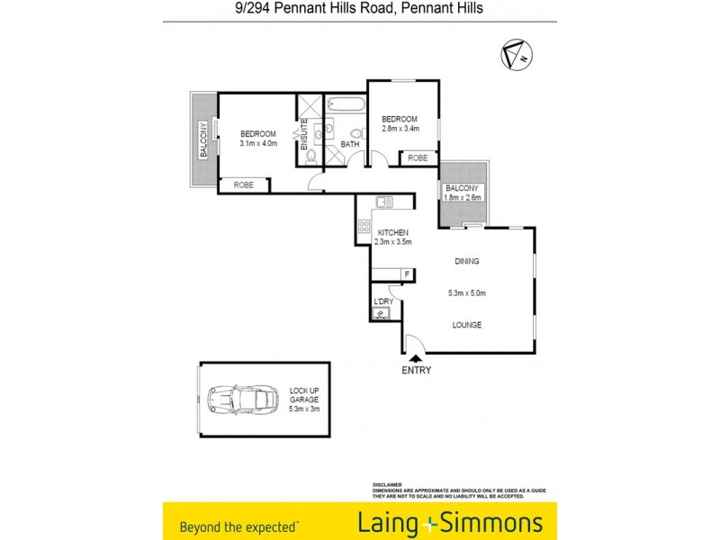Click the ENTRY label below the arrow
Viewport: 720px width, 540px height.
[417, 370]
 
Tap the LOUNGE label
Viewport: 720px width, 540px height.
[466, 325]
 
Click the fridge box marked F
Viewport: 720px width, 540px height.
[408, 274]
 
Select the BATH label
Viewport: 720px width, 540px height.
[350, 144]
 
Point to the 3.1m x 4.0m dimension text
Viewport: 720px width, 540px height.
[258, 144]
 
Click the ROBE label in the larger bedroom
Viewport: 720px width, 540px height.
[244, 184]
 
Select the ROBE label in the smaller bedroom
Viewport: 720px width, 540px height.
[418, 157]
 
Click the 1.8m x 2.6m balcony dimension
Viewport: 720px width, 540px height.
[463, 197]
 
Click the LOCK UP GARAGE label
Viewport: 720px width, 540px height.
[304, 396]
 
